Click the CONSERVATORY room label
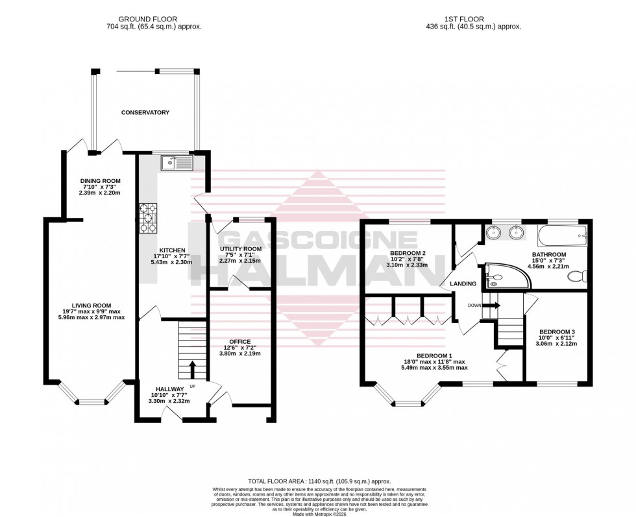pyautogui.click(x=145, y=113)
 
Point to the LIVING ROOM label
pyautogui.click(x=92, y=305)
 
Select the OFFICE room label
pyautogui.click(x=239, y=341)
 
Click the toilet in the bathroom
pyautogui.click(x=575, y=277)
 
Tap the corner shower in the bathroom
pyautogui.click(x=503, y=274)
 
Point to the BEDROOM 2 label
pyautogui.click(x=407, y=253)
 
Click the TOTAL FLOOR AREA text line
pyautogui.click(x=317, y=481)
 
